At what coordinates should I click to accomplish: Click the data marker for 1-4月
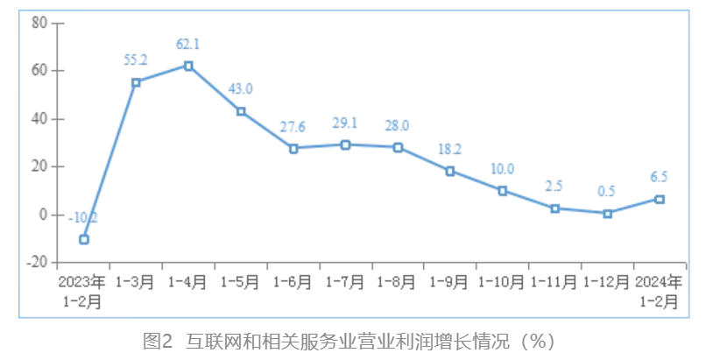(x=188, y=66)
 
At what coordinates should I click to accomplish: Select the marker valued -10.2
(x=84, y=239)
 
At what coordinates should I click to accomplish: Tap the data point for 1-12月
(x=607, y=213)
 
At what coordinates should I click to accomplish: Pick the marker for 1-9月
(x=450, y=171)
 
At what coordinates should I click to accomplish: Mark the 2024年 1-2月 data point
(x=660, y=199)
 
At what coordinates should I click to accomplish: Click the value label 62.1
(x=188, y=44)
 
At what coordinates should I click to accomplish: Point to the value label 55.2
(x=136, y=60)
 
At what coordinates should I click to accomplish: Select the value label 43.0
(x=241, y=88)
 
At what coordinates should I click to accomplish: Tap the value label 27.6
(x=293, y=127)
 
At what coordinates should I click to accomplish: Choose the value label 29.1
(x=345, y=124)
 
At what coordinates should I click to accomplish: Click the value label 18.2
(x=450, y=149)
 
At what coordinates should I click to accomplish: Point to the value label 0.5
(x=607, y=192)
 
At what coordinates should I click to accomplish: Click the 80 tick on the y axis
(x=39, y=23)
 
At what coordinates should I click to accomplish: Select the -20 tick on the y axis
(x=35, y=262)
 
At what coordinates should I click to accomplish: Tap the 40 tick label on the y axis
(x=39, y=118)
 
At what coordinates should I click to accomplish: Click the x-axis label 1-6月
(x=293, y=282)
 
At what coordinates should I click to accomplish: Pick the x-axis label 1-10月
(x=502, y=282)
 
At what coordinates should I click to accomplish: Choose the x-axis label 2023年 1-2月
(x=82, y=291)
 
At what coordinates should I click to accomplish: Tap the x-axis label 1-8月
(x=398, y=282)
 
